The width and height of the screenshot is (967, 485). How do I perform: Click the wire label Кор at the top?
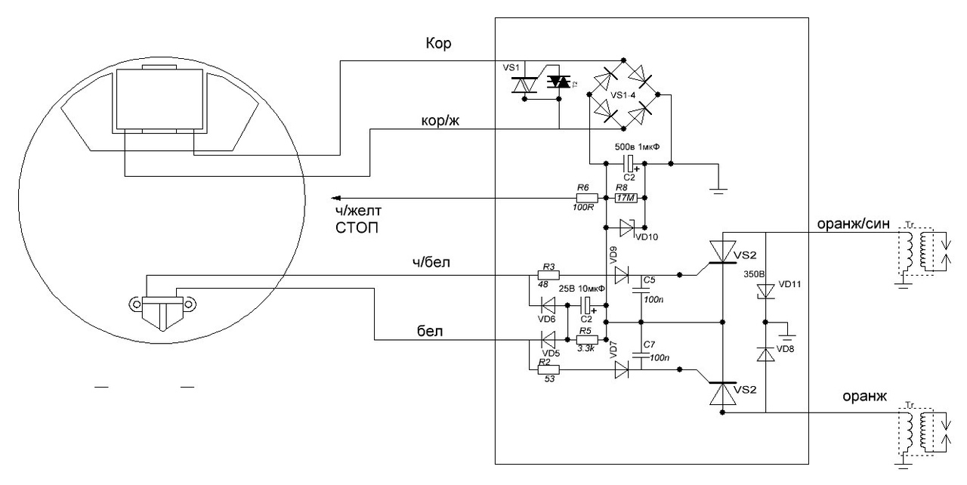[x=438, y=45]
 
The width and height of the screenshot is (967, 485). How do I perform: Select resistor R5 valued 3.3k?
[x=587, y=339]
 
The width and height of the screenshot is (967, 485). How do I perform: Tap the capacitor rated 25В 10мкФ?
[x=587, y=307]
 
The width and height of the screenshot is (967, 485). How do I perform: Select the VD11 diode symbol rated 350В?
[x=766, y=289]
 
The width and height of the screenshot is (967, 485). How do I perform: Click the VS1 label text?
[x=511, y=68]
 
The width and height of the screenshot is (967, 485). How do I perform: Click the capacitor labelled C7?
[x=641, y=354]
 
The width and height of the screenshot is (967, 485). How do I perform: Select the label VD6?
[x=546, y=319]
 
